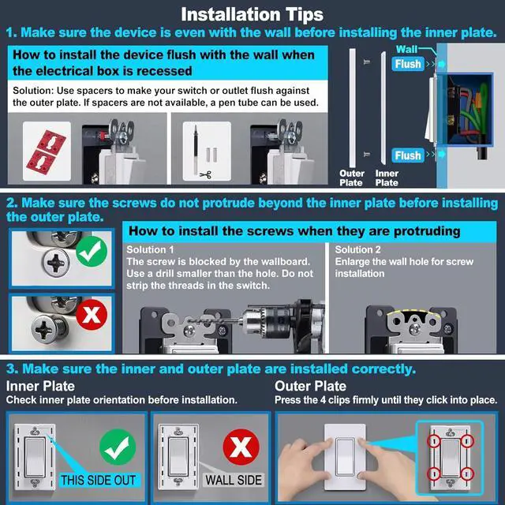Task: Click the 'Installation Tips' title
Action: pyautogui.click(x=252, y=14)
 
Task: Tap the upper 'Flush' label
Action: pyautogui.click(x=408, y=64)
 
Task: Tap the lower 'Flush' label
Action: pyautogui.click(x=408, y=155)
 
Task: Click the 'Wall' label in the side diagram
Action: pyautogui.click(x=406, y=49)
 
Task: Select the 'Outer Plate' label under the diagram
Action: pyautogui.click(x=352, y=178)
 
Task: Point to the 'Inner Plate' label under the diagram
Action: pyautogui.click(x=387, y=178)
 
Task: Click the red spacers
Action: pyautogui.click(x=46, y=151)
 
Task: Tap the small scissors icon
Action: pyautogui.click(x=206, y=175)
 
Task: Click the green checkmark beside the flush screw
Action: pyautogui.click(x=92, y=251)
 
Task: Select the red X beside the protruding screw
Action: pyautogui.click(x=92, y=315)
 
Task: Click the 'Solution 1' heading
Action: pyautogui.click(x=150, y=249)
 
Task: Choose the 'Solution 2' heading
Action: pyautogui.click(x=357, y=249)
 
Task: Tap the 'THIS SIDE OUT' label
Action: pyautogui.click(x=99, y=481)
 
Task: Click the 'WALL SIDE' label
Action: pyautogui.click(x=234, y=481)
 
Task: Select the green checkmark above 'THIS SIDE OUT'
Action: pyautogui.click(x=118, y=447)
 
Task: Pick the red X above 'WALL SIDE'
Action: pyautogui.click(x=241, y=447)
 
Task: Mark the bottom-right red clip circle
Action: pyautogui.click(x=467, y=474)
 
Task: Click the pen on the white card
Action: pyautogui.click(x=195, y=150)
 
